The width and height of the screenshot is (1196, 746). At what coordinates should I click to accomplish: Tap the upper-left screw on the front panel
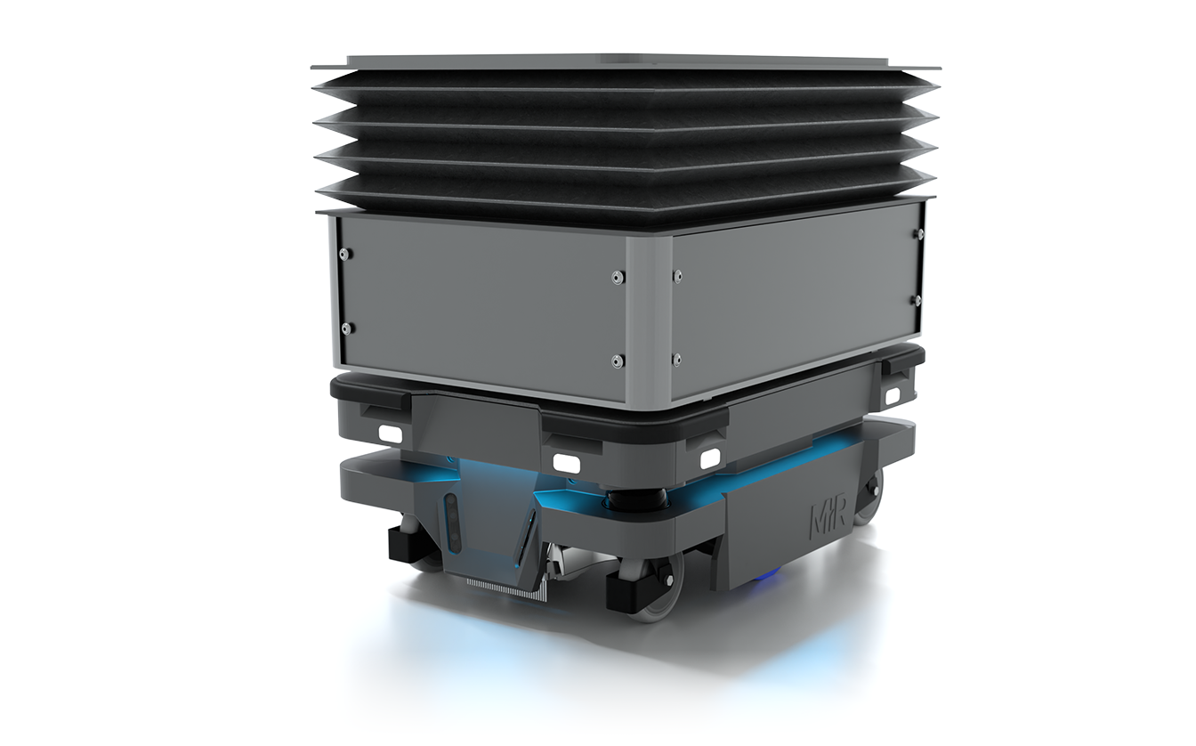point(343,254)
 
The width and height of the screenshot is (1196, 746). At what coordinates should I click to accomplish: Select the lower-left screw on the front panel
point(346,328)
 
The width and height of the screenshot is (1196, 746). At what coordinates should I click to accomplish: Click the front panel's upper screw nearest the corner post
point(617,278)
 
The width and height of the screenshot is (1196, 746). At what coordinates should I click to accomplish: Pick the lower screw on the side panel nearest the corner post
point(677,360)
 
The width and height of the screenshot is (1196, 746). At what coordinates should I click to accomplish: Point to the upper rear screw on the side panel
point(917,234)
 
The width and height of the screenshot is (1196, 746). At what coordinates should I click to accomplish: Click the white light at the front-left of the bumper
point(390,434)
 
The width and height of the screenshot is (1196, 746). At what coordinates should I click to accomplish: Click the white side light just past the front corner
point(709,458)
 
